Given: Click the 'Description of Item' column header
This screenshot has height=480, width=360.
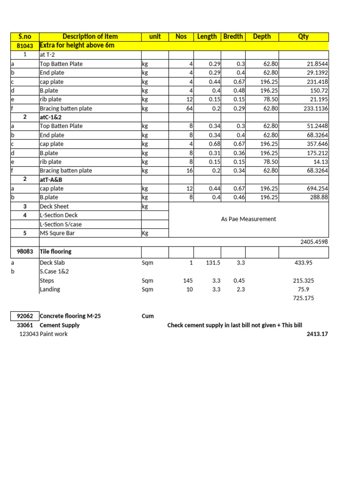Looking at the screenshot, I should coord(90,37).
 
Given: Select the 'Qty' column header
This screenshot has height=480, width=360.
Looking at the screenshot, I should coord(303,37).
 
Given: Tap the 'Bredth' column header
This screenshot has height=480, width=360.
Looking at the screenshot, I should coord(233,37).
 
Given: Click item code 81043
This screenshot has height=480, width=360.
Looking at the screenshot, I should coord(25,45).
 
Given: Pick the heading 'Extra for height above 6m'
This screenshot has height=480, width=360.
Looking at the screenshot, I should coord(77,45).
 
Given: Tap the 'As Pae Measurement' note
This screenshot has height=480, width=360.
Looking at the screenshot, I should coord(248,219).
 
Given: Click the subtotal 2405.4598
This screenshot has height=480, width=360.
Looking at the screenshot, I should coord(314,242).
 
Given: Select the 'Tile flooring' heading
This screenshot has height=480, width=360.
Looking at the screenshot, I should coord(55,252).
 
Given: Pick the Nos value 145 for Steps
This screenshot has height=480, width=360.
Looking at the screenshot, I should coord(187,281).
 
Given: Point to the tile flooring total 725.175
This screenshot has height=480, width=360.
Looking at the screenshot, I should coord(304,298).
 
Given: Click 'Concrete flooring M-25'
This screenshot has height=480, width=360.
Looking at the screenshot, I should coord(70,316).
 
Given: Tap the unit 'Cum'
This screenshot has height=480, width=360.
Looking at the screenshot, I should coord(148,316).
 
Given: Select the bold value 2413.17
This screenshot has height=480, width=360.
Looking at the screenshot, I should coord(317,334).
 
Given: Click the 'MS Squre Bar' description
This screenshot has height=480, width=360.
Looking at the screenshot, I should coord(57,233).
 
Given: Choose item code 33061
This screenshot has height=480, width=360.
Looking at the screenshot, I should coord(25,325).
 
